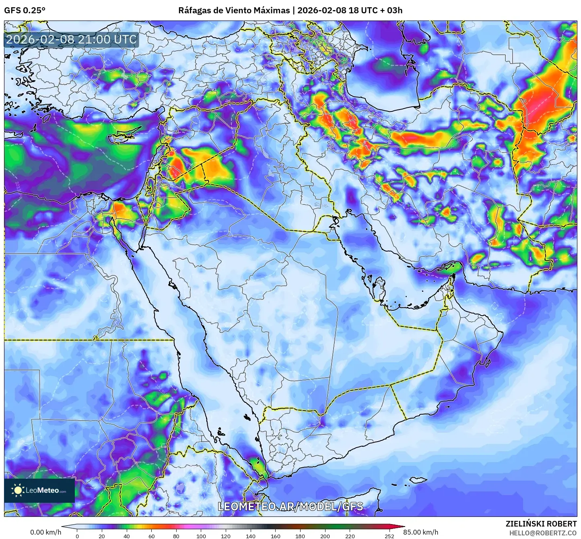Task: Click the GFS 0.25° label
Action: pos(25,10)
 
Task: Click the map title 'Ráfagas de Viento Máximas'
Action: pos(234,10)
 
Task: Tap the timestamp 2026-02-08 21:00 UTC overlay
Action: pos(71,39)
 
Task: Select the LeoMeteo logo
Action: pos(39,490)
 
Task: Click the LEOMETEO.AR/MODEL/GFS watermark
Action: pos(290,506)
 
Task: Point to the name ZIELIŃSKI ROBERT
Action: pos(541,524)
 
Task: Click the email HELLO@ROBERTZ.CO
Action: pos(543,533)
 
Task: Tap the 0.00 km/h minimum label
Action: pos(45,532)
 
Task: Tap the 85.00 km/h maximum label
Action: pos(420,532)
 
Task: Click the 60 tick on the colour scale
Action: pos(151,536)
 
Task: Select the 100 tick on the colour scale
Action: pos(201,536)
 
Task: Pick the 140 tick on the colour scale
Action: pos(251,536)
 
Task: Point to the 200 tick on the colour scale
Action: pos(325,536)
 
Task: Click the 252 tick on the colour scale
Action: pos(389,536)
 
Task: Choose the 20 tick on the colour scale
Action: pos(102,536)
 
